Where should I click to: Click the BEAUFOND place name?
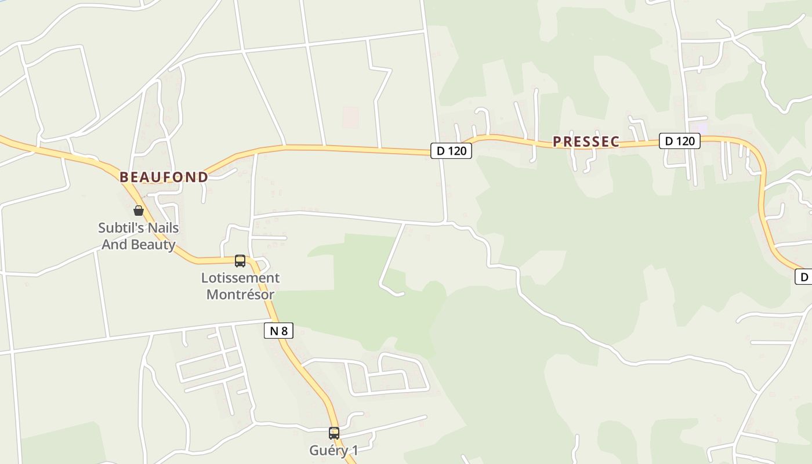(164, 177)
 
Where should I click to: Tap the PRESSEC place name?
(586, 142)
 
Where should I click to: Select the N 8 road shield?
(278, 331)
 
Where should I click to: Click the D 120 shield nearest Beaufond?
(451, 151)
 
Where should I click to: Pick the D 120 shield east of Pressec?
(679, 140)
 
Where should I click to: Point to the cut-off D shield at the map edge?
(804, 277)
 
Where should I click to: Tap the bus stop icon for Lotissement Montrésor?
(240, 261)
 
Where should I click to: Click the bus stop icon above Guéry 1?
(334, 433)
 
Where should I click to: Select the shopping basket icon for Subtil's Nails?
(139, 211)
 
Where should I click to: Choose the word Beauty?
(156, 244)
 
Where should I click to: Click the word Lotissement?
(240, 278)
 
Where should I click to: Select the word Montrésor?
(240, 294)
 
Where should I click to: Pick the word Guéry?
(326, 451)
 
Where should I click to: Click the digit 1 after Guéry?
(355, 451)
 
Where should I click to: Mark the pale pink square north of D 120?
(350, 117)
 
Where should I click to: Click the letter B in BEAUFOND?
(124, 177)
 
